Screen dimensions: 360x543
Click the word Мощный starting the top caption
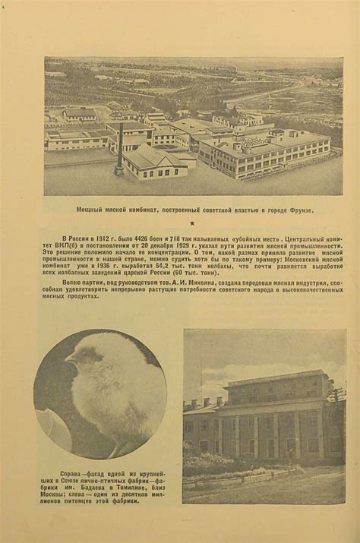(90, 210)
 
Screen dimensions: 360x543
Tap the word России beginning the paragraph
(79, 238)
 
